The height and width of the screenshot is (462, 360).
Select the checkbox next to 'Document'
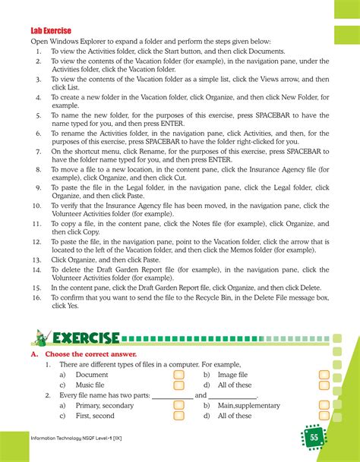pos(178,375)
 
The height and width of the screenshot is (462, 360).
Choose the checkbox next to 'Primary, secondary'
pos(178,406)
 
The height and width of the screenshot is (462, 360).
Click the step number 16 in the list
pos(36,298)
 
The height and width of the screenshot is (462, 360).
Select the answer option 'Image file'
pos(232,375)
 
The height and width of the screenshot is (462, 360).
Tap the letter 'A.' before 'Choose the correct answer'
pos(34,354)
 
